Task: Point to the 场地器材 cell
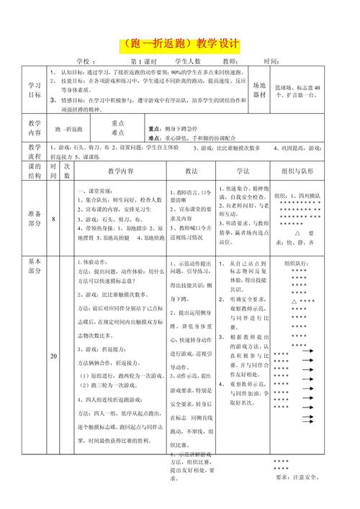[259, 89]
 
